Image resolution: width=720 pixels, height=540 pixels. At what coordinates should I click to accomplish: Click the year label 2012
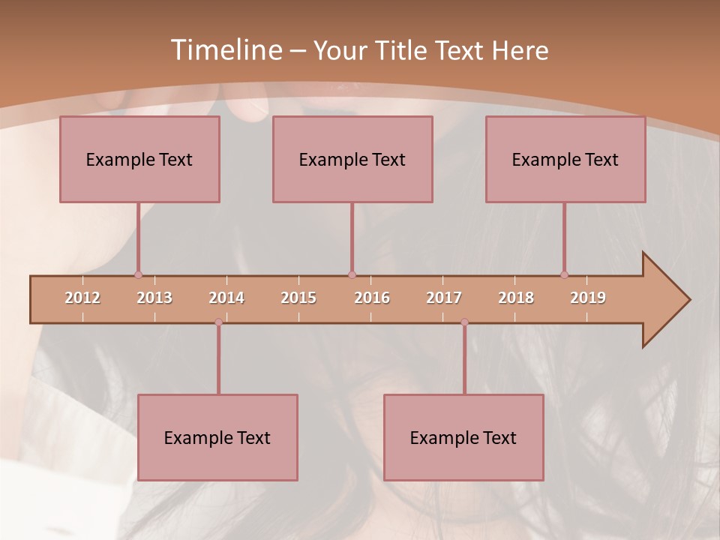(82, 298)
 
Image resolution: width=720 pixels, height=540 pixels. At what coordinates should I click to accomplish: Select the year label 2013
(154, 298)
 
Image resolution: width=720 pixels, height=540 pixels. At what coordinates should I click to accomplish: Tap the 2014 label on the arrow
(226, 298)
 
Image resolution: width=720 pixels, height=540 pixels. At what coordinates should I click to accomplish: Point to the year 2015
(298, 298)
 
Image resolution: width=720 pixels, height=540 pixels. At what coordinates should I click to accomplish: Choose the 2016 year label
(372, 298)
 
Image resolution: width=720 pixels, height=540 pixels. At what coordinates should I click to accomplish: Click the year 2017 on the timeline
(444, 298)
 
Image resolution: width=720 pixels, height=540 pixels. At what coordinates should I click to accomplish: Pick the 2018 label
(516, 298)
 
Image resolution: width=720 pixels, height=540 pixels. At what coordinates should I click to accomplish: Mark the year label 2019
(588, 298)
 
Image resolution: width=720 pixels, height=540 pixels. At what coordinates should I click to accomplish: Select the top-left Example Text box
(139, 159)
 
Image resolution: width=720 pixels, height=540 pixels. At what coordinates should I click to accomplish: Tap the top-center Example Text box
(352, 159)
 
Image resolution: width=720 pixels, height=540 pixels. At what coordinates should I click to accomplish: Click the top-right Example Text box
(565, 159)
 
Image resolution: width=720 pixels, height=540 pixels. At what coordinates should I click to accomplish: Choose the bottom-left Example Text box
(217, 437)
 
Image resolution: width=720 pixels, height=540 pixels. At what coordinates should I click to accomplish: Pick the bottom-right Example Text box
(463, 437)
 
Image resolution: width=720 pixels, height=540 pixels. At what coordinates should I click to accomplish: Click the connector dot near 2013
(138, 274)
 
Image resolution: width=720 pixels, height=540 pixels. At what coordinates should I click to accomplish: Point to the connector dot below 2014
(218, 322)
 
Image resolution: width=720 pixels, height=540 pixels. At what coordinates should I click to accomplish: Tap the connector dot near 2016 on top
(352, 274)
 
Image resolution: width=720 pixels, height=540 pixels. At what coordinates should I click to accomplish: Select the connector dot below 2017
(464, 322)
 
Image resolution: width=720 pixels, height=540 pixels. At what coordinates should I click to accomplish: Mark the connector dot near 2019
(564, 274)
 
